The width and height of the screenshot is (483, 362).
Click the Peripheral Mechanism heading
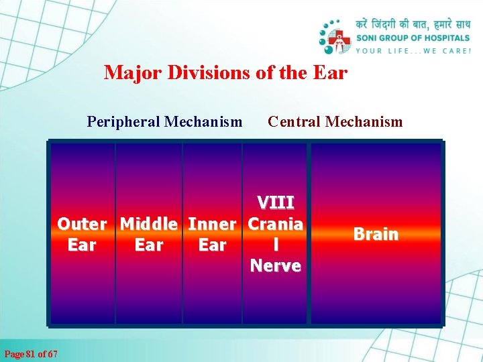[x=164, y=121]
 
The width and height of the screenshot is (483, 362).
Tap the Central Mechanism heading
[x=335, y=121]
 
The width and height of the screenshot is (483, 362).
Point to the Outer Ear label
[x=82, y=234]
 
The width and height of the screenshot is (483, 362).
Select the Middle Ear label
[x=148, y=234]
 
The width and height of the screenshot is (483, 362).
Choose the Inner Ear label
[x=212, y=234]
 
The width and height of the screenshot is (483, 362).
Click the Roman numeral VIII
[x=275, y=202]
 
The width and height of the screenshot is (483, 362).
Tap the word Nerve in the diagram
[x=275, y=266]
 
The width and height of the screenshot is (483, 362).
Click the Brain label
[x=376, y=234]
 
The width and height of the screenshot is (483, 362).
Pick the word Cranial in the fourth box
[x=275, y=233]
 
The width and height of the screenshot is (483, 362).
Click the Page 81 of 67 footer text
[x=31, y=353]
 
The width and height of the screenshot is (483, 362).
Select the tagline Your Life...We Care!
[x=413, y=50]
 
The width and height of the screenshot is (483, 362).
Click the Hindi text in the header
[x=413, y=25]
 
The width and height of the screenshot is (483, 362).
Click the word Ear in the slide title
[x=330, y=72]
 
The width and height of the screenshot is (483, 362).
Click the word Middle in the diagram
[x=148, y=223]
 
